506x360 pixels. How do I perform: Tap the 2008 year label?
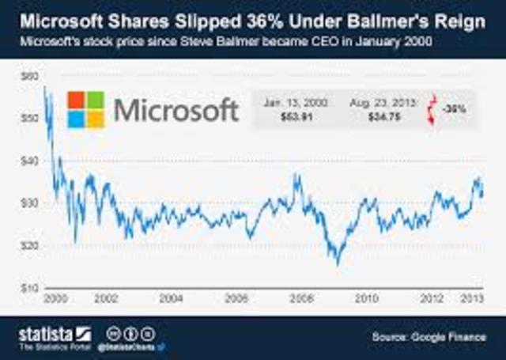click(x=300, y=299)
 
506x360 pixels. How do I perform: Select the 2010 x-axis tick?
click(x=364, y=299)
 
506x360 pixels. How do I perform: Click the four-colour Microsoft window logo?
click(x=86, y=109)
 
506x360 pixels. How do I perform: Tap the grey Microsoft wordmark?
click(x=176, y=109)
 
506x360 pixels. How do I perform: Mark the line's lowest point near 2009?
click(x=338, y=264)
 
